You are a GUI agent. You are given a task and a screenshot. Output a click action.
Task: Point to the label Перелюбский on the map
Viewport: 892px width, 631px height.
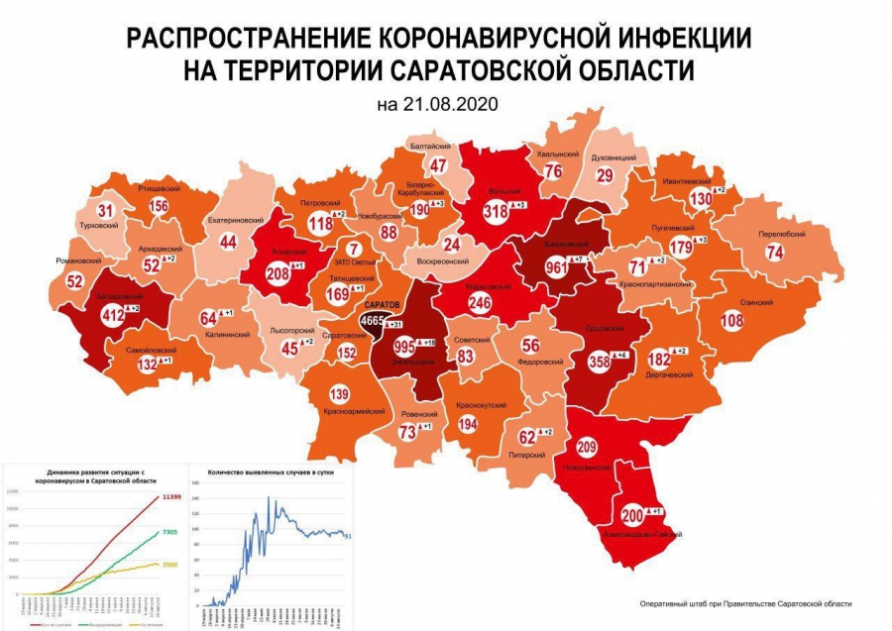pyautogui.click(x=781, y=234)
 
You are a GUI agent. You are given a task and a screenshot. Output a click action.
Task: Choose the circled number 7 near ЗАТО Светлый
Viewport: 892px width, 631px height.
pyautogui.click(x=352, y=249)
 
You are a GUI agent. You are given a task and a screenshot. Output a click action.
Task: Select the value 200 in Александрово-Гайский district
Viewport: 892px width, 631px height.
pyautogui.click(x=631, y=515)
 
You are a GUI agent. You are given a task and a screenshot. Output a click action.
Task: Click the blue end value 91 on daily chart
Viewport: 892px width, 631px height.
pyautogui.click(x=349, y=535)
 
